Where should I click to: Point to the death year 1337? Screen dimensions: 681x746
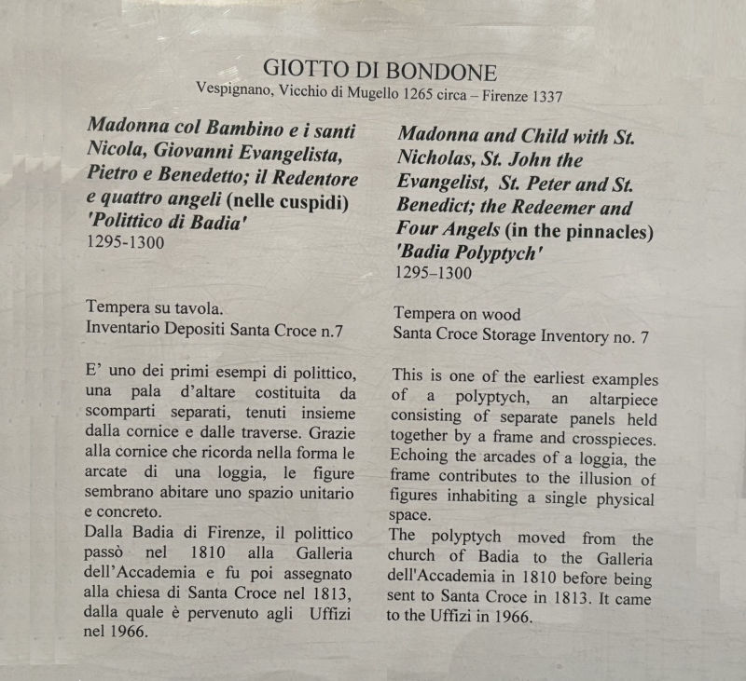point(546,95)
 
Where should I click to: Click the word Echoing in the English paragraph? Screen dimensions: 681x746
point(425,460)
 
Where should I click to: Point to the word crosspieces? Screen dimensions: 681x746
point(610,440)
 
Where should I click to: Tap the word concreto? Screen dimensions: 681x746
point(122,512)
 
